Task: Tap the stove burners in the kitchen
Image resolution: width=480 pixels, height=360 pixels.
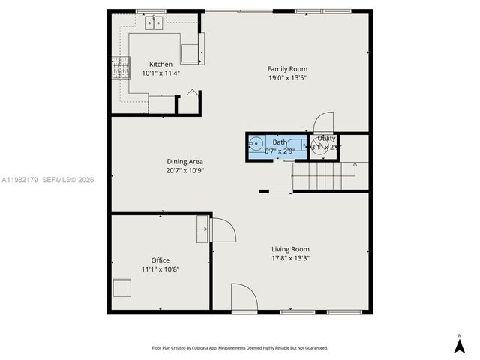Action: [119, 68]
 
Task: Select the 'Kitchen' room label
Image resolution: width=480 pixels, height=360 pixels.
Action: [160, 64]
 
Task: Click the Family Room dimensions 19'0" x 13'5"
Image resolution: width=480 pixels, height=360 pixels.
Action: [287, 78]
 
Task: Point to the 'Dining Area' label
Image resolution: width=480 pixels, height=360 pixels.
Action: [184, 161]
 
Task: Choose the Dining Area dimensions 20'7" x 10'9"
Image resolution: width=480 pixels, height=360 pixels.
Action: [184, 170]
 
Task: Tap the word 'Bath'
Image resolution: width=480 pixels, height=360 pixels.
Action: [279, 142]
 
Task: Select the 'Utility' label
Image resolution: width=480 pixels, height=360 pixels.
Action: [327, 139]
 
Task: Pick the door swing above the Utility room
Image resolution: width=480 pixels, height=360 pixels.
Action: [324, 121]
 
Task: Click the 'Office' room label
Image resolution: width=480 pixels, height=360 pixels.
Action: [160, 260]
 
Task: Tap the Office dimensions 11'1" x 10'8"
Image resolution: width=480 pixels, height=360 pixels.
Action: [160, 269]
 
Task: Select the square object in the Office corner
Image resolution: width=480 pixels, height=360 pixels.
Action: [121, 289]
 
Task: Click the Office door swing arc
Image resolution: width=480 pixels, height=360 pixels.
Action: [224, 230]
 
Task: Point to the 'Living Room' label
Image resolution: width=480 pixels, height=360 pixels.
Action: [290, 249]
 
